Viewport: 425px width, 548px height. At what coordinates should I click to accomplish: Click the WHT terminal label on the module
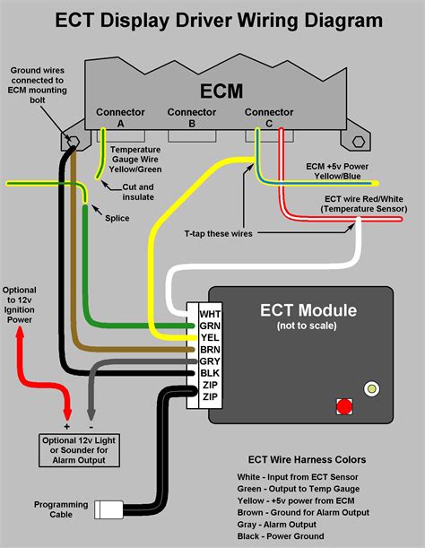tap(210, 314)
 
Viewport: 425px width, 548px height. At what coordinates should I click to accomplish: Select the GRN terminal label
tap(210, 326)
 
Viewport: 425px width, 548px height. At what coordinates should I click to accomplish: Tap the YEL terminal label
tap(210, 337)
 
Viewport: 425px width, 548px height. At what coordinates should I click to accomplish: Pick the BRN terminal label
tap(210, 350)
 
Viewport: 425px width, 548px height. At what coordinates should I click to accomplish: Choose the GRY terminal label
tap(210, 361)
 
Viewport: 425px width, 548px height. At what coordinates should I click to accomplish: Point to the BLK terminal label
tap(210, 373)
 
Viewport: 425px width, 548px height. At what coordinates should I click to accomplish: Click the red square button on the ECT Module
tap(344, 406)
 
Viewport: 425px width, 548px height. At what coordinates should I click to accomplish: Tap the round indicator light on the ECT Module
tap(371, 388)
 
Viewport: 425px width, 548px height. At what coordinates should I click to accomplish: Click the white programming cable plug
tap(108, 509)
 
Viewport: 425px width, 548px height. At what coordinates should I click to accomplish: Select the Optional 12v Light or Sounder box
tap(79, 450)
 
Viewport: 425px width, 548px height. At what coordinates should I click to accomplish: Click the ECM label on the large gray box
tap(221, 91)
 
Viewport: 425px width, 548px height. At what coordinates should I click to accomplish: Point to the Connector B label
tap(192, 117)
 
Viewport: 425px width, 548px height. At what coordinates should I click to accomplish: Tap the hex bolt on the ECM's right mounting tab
tap(359, 142)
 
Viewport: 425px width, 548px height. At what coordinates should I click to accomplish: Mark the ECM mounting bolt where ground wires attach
tap(73, 142)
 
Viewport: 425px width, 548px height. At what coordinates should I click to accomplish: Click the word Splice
tap(117, 218)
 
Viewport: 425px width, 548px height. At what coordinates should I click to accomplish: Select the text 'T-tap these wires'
tap(219, 233)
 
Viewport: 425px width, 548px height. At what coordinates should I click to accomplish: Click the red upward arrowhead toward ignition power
tap(20, 334)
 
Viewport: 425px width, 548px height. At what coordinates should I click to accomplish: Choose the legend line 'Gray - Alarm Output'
tap(276, 525)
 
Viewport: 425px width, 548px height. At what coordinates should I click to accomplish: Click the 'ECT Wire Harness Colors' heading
tap(307, 459)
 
